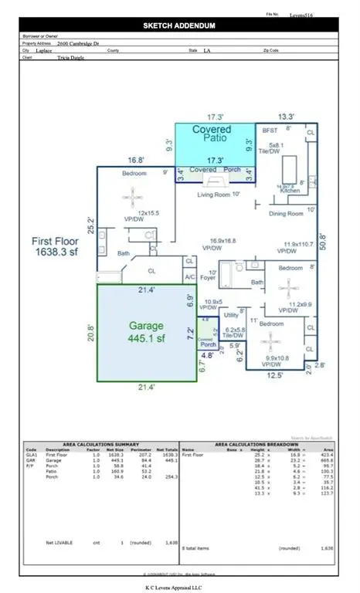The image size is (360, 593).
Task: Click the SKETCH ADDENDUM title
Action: [x=181, y=25]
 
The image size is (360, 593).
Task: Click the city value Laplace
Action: [x=67, y=51]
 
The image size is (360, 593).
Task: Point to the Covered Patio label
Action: [x=212, y=135]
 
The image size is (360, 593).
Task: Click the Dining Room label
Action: [x=284, y=212]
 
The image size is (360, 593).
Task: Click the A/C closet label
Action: [x=189, y=276]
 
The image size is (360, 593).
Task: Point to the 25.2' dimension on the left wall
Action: [x=90, y=225]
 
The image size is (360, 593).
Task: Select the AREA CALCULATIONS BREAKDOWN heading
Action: [x=259, y=445]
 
